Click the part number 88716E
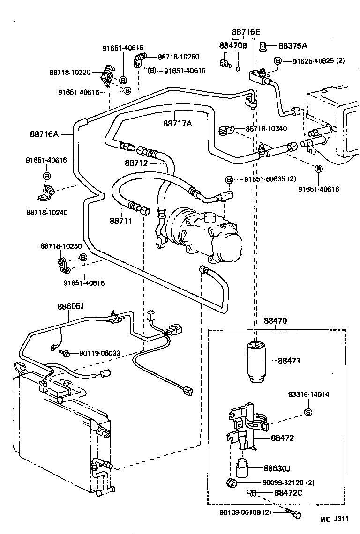pos(246,32)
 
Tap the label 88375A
pos(293,45)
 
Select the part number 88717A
pos(178,124)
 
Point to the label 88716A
pos(44,134)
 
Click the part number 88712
pos(136,163)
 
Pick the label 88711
pos(121,220)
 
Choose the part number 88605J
pos(70,307)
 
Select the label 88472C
pos(288,492)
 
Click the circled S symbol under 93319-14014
pos(308,412)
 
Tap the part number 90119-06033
pos(100,353)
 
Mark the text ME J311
pos(335,519)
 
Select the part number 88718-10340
pos(266,128)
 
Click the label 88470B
pos(233,45)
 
